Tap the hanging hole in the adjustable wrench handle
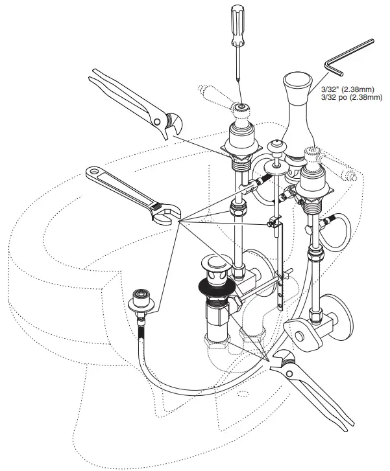94,173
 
